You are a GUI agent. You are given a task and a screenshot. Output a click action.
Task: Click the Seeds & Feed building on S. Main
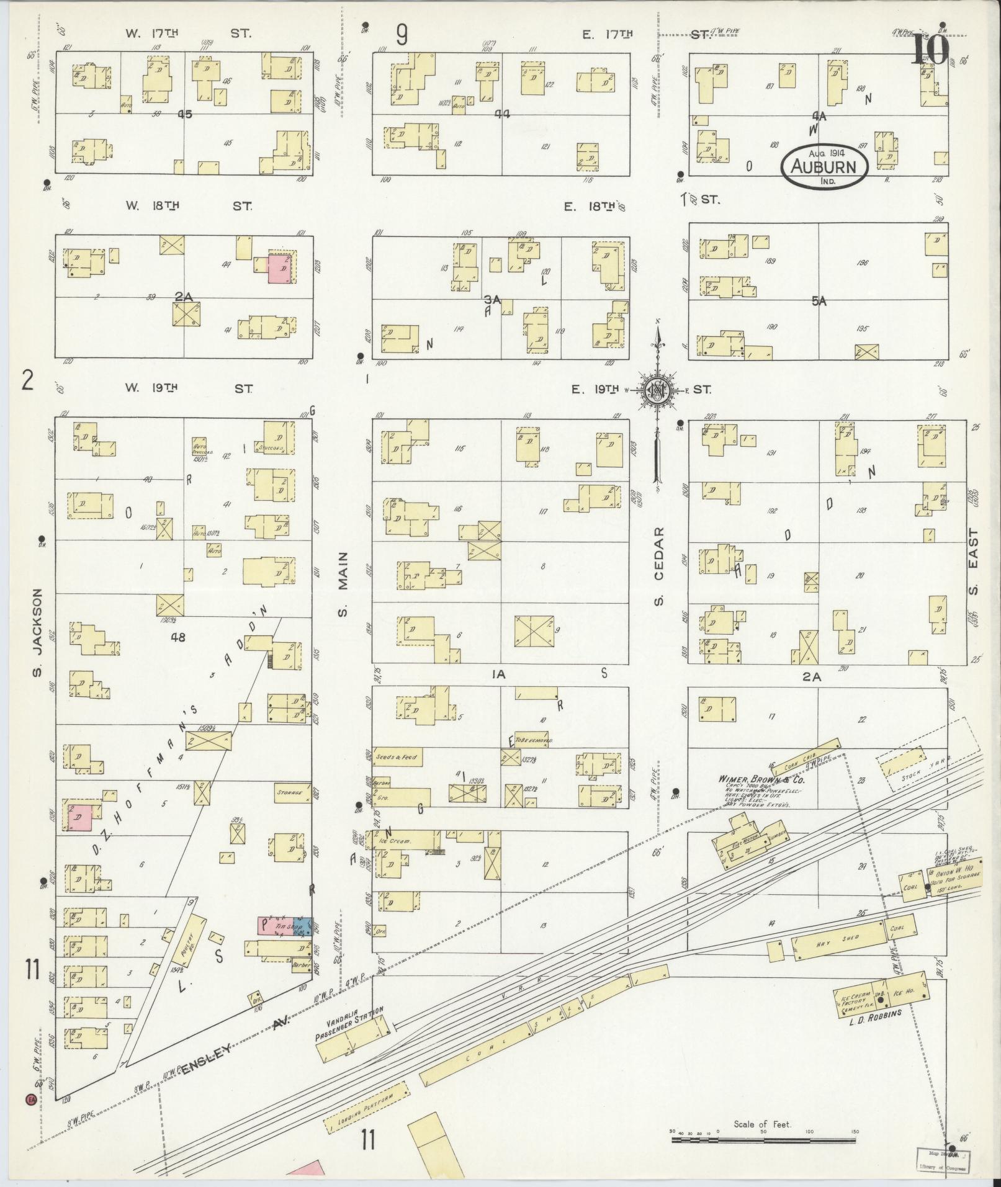[x=397, y=757]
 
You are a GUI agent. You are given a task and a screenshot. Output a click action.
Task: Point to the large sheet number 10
[x=929, y=50]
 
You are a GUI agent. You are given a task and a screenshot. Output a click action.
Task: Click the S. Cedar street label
[x=658, y=566]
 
